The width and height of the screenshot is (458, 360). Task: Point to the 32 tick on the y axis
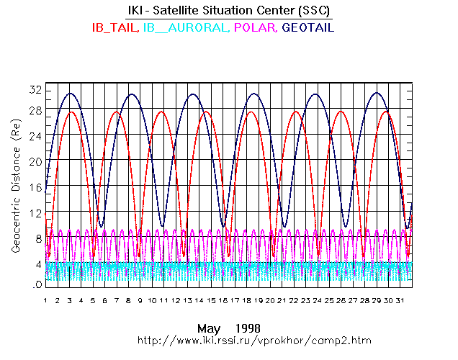click(x=34, y=90)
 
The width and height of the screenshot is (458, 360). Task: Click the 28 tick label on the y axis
click(x=34, y=110)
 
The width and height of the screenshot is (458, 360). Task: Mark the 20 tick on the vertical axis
click(x=34, y=161)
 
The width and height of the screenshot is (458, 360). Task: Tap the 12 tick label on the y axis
click(x=34, y=213)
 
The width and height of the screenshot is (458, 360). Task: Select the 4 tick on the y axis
click(x=37, y=264)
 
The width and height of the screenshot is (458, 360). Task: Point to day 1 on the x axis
click(x=45, y=300)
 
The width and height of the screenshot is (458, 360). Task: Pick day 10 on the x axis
click(x=151, y=300)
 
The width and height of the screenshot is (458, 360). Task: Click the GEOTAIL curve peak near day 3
click(x=70, y=94)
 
